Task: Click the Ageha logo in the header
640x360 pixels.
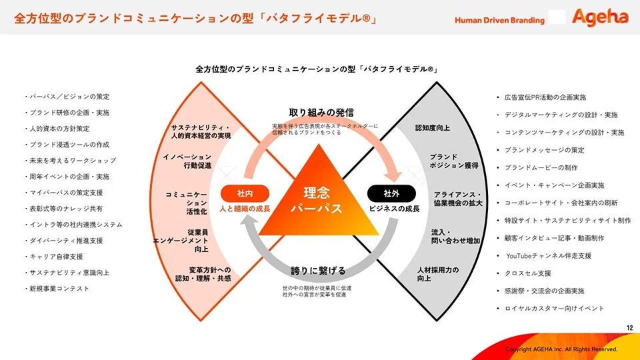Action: (600, 17)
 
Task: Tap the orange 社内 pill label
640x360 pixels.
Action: (245, 194)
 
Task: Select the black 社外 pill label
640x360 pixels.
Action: (391, 194)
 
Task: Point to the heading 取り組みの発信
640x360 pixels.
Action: (321, 113)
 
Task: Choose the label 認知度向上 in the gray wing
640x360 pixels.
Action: (433, 128)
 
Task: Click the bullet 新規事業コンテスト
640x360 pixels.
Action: (57, 289)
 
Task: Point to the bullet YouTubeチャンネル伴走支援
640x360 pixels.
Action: (545, 256)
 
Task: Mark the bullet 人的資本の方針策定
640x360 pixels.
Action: (57, 129)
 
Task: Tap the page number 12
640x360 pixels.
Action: (629, 328)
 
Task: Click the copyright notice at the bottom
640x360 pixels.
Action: (561, 349)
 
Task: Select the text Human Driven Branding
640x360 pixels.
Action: (499, 20)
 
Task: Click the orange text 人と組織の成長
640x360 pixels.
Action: (245, 209)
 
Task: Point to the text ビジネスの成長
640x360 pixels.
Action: (394, 209)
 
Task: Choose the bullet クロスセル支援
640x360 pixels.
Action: (524, 273)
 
